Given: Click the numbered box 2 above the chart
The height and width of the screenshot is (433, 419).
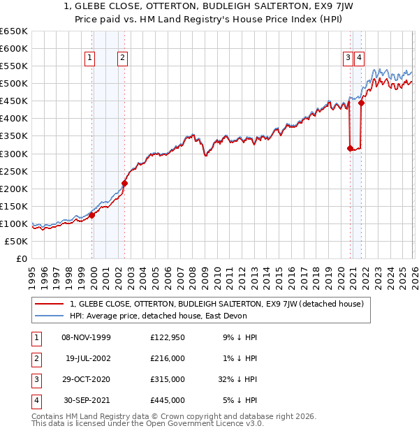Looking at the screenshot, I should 122,59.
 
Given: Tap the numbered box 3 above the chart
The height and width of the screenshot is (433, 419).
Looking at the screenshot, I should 347,59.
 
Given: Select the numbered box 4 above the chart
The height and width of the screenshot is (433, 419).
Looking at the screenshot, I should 358,59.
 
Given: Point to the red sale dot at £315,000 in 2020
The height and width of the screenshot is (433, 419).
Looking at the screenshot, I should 350,148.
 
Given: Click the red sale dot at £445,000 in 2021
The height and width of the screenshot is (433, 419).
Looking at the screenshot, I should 361,103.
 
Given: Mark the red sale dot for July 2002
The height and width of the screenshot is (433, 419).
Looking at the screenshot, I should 124,183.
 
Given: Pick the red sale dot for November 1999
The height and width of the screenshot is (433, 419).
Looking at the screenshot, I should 91,215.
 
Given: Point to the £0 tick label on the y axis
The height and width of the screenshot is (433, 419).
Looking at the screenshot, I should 21,259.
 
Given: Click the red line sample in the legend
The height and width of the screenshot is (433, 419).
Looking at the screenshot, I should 50,304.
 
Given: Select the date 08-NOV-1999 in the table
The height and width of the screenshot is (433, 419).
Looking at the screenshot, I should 86,337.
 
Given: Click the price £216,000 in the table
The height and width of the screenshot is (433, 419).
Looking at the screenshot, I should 168,358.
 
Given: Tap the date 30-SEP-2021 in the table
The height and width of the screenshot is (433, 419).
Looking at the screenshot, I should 86,400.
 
